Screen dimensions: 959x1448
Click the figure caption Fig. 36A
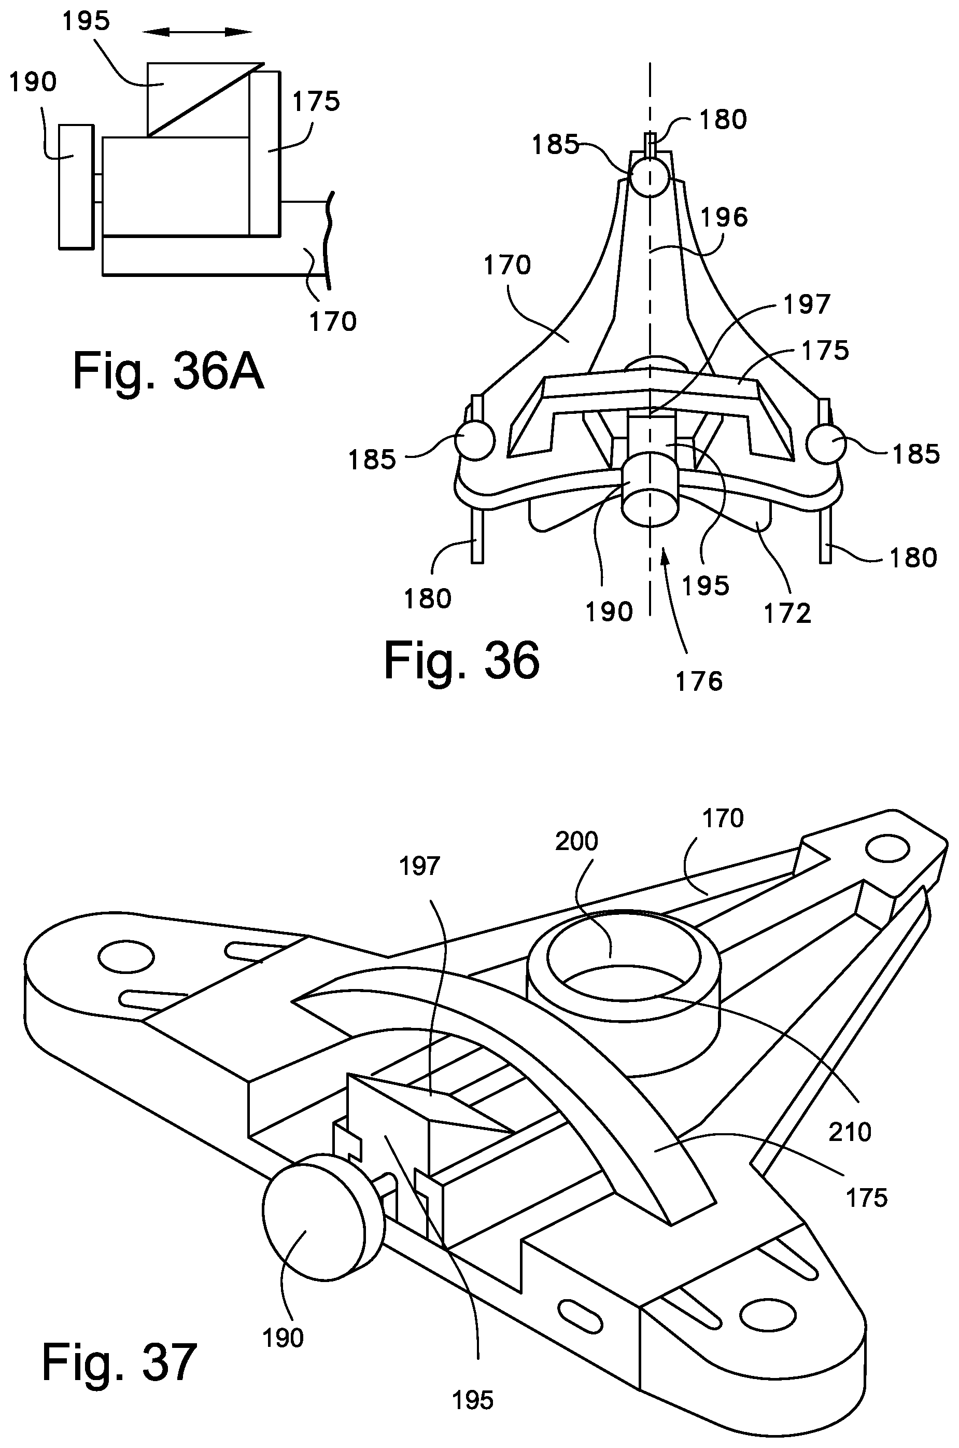(168, 371)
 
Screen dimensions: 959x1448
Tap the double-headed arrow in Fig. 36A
(198, 32)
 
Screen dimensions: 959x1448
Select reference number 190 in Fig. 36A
(33, 81)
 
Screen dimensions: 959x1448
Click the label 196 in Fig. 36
(724, 217)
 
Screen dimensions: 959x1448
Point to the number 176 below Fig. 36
(699, 681)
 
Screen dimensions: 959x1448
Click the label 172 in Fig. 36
(787, 613)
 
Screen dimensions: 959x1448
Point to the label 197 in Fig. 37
(419, 866)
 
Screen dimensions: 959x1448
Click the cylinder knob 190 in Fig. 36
(650, 493)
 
